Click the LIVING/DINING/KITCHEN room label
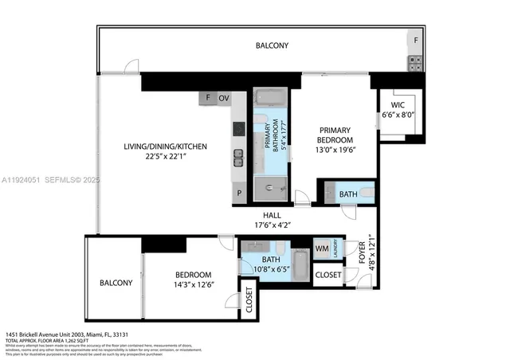pyautogui.click(x=164, y=147)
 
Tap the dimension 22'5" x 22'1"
pyautogui.click(x=164, y=157)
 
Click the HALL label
pyautogui.click(x=272, y=215)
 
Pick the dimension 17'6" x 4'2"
pyautogui.click(x=272, y=225)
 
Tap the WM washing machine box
pyautogui.click(x=321, y=248)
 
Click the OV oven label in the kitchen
pyautogui.click(x=224, y=98)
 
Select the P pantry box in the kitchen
pyautogui.click(x=237, y=194)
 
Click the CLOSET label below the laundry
pyautogui.click(x=328, y=275)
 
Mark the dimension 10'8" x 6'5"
pyautogui.click(x=271, y=269)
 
